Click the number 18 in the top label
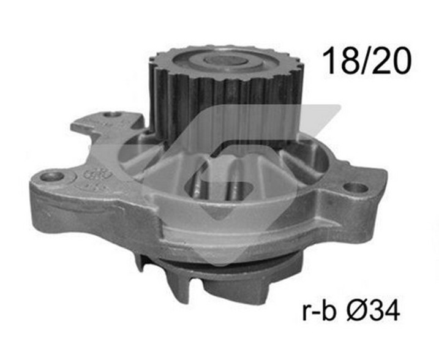(340, 61)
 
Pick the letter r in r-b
(306, 312)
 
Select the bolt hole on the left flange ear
(52, 176)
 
